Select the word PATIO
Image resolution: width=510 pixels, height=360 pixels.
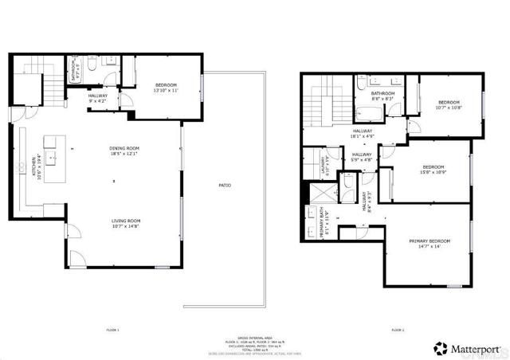[x=225, y=186]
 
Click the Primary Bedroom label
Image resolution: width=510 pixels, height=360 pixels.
[x=430, y=241]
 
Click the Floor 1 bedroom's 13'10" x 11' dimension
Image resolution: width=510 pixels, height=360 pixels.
[x=166, y=91]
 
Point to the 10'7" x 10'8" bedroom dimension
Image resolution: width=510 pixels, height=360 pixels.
[x=449, y=108]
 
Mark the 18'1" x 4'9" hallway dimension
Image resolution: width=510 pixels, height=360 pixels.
[x=361, y=137]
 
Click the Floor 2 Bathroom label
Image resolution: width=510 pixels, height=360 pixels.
[x=383, y=93]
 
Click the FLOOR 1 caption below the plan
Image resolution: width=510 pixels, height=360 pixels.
[x=112, y=330]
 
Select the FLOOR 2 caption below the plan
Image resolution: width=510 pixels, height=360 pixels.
[x=397, y=330]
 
